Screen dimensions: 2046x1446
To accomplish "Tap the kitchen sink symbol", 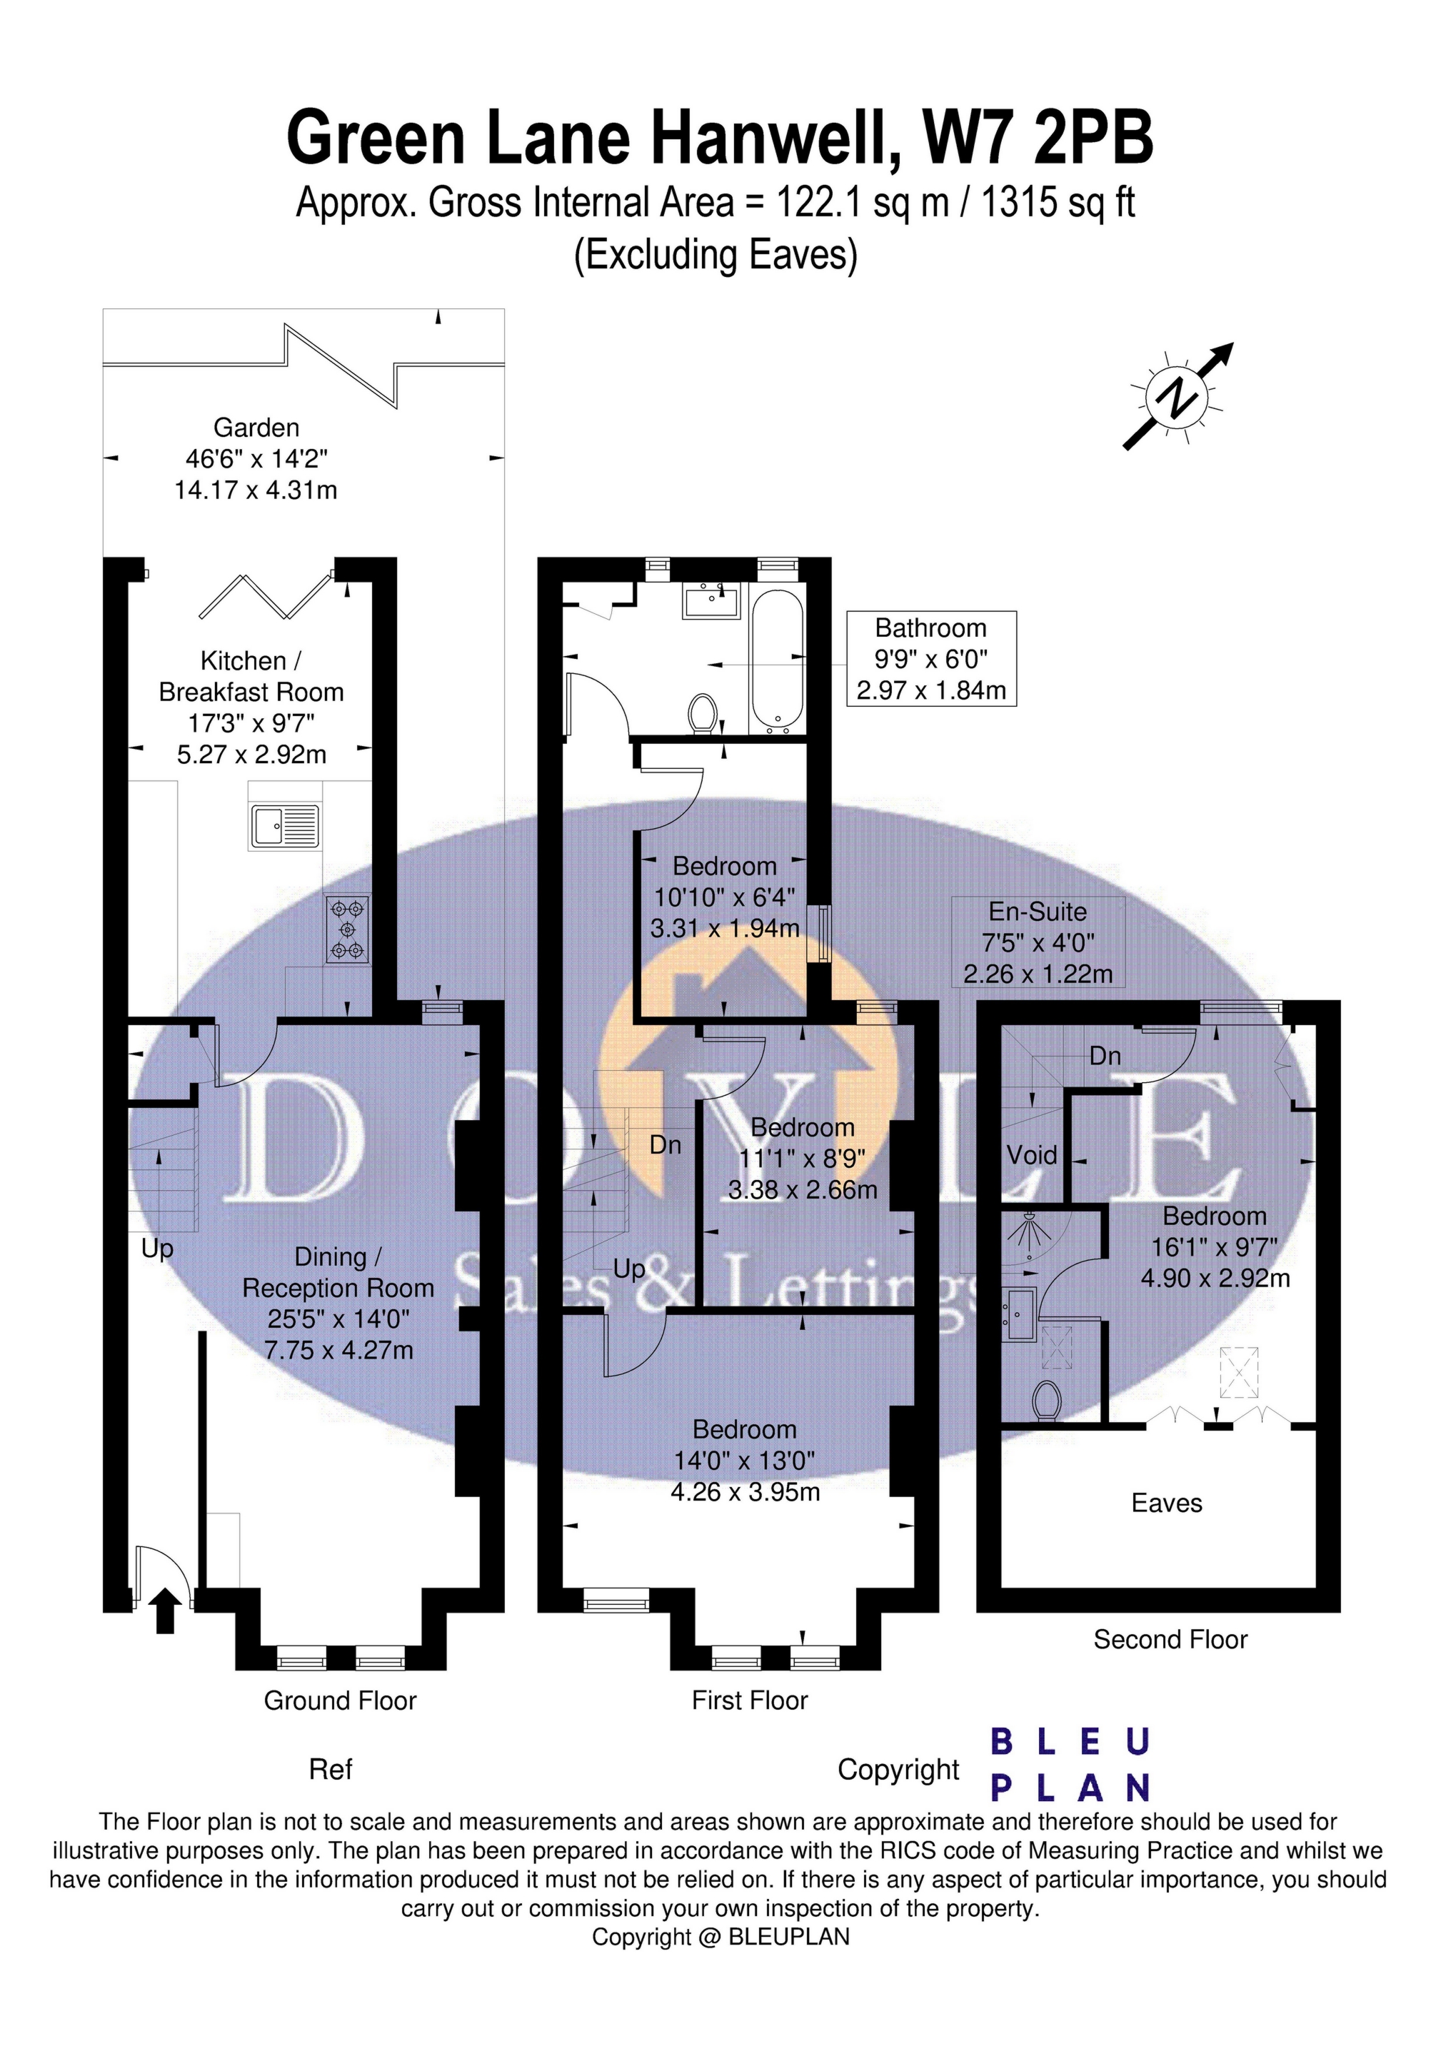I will [284, 826].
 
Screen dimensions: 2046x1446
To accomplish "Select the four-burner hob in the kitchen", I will [347, 929].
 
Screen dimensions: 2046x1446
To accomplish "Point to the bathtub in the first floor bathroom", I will [778, 660].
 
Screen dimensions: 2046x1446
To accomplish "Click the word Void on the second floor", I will [1031, 1155].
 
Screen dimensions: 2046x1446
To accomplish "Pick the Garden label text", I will [256, 428].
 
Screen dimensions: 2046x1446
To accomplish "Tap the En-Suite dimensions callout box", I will [1038, 942].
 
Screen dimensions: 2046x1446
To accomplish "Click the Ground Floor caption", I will [340, 1700].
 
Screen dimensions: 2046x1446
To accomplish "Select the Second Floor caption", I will [1170, 1639].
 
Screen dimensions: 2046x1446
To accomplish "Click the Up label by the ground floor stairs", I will [157, 1249].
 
